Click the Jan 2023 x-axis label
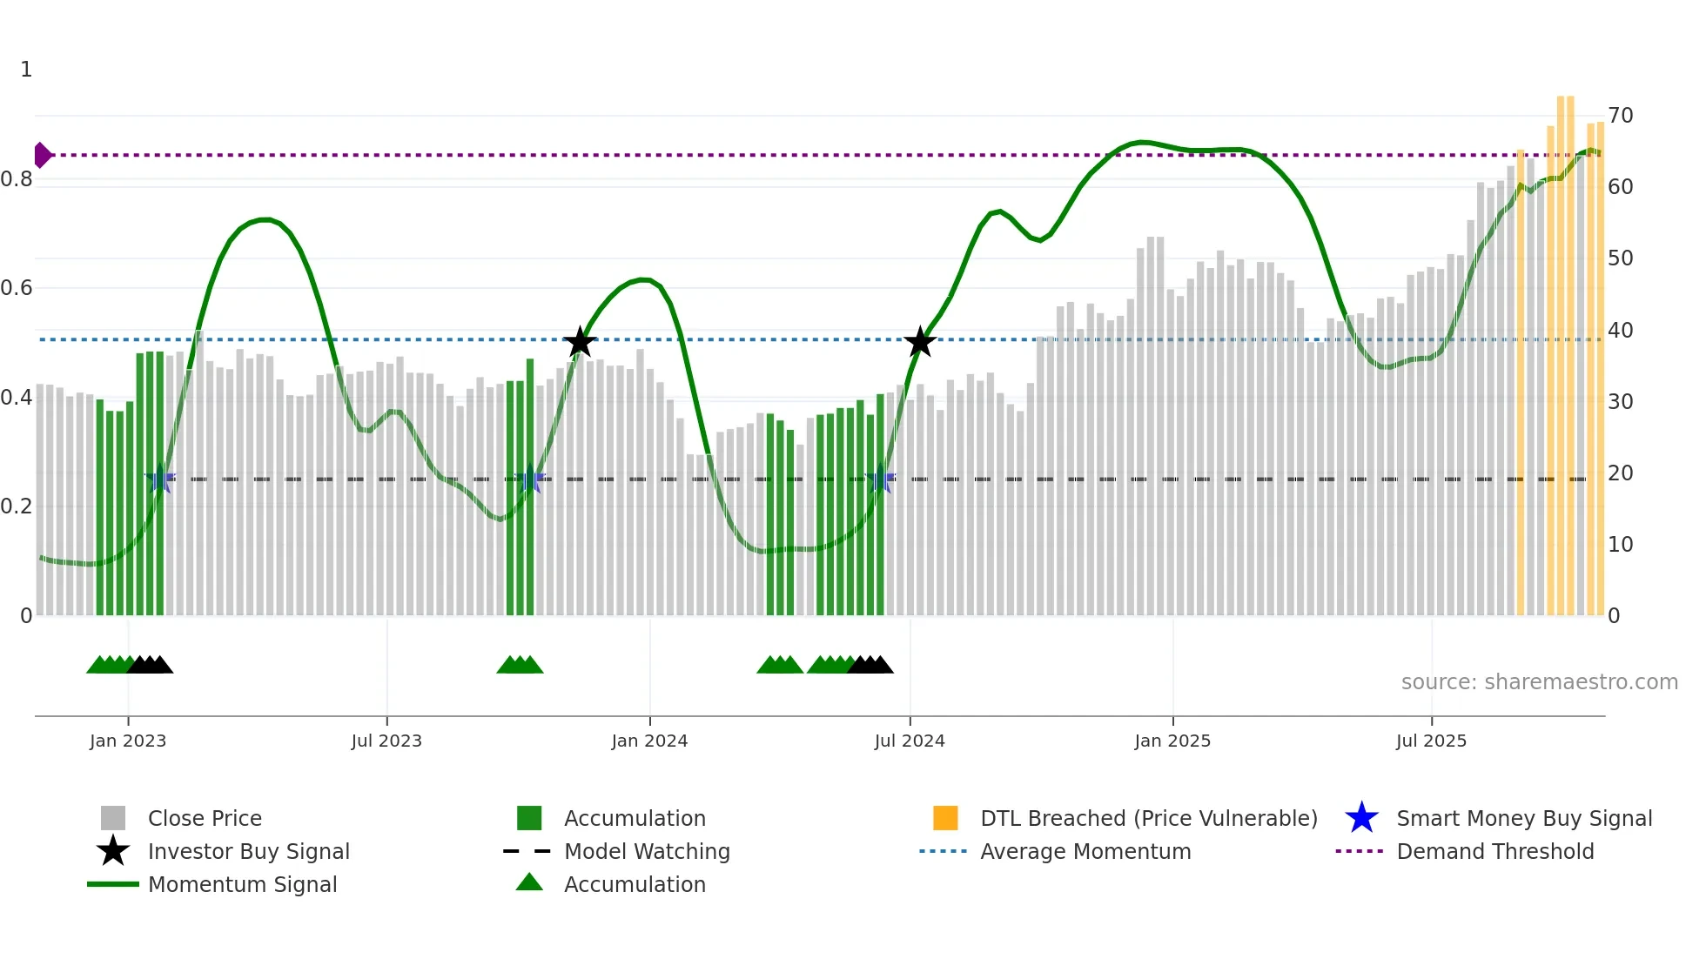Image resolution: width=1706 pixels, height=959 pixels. tap(128, 741)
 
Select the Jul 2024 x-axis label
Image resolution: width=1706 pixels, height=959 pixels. tap(910, 741)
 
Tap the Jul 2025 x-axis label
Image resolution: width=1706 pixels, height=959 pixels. tap(1431, 741)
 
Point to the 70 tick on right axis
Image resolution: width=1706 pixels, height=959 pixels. tap(1621, 115)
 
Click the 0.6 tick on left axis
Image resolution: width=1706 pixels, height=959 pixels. tap(17, 288)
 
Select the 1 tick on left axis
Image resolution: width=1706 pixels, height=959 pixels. tap(26, 70)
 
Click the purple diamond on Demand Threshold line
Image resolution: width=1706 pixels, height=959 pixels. tap(42, 155)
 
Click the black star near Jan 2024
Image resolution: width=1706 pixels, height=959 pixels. tap(580, 342)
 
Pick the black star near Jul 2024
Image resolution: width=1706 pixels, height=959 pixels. tap(920, 342)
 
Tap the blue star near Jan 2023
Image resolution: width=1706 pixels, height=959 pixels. tap(160, 479)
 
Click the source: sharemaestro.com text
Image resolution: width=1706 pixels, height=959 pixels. tap(1539, 682)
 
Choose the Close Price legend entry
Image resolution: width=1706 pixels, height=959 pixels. tap(205, 818)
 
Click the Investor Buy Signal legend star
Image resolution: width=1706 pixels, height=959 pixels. tap(113, 851)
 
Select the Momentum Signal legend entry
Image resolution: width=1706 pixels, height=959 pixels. tap(242, 884)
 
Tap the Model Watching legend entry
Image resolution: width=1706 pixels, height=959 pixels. tap(647, 851)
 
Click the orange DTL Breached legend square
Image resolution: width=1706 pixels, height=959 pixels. tap(945, 818)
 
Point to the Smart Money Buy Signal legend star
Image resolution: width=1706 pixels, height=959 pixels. tap(1361, 818)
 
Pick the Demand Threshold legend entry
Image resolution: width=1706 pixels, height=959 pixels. tap(1494, 851)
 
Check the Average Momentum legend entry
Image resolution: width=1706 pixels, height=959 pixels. tap(1085, 851)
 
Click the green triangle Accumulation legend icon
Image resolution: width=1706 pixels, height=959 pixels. tap(529, 882)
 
